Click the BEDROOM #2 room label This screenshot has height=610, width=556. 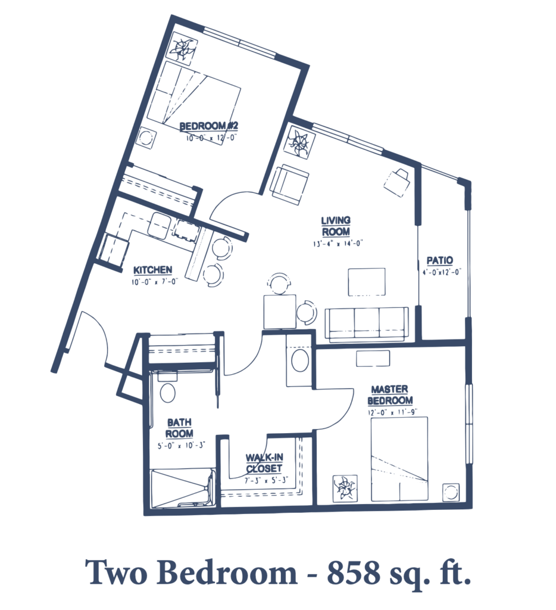coord(209,126)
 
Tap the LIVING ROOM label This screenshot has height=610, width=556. coord(336,226)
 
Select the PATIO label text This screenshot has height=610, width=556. coord(440,260)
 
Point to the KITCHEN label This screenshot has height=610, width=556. coord(152,270)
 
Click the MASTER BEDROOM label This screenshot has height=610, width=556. coord(390,395)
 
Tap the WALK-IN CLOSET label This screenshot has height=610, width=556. coord(264,463)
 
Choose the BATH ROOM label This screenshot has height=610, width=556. coord(179,428)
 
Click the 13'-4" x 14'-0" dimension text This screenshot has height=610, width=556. coord(338,244)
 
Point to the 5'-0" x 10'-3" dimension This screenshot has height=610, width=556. coord(181,446)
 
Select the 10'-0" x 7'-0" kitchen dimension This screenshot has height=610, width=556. coord(154,281)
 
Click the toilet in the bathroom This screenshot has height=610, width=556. coord(168,389)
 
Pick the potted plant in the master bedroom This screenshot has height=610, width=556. coord(345,487)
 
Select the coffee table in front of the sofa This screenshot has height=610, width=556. coord(367,282)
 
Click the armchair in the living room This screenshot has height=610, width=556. coord(290,184)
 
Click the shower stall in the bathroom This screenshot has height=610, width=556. coord(182,488)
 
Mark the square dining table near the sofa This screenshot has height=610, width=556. coord(280,312)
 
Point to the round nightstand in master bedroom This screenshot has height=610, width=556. coord(451,492)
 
